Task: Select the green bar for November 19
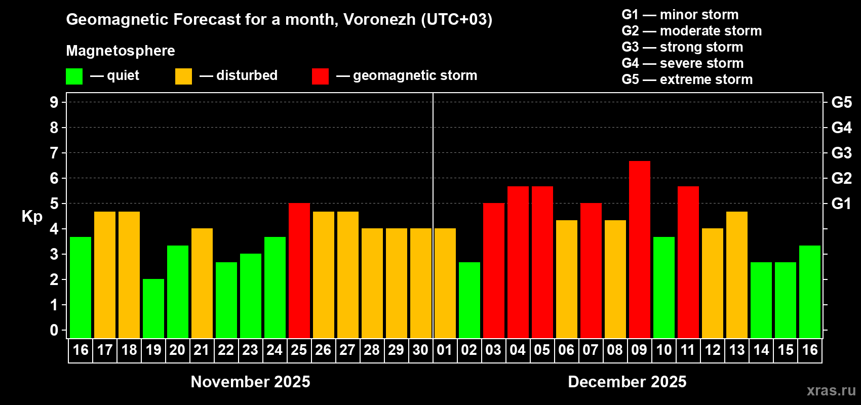tap(153, 308)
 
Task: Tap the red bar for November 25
tap(299, 270)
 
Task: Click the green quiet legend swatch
tap(74, 76)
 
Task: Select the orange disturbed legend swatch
tap(183, 76)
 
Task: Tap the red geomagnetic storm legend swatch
tap(320, 76)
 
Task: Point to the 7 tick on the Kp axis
tap(54, 153)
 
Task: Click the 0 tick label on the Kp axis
tap(54, 330)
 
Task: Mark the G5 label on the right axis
tap(842, 102)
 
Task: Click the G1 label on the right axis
tap(842, 204)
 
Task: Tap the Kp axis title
tap(32, 216)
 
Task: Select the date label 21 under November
tap(202, 350)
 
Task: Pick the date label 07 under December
tap(591, 350)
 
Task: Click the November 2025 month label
tap(250, 382)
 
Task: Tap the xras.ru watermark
tap(831, 390)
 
